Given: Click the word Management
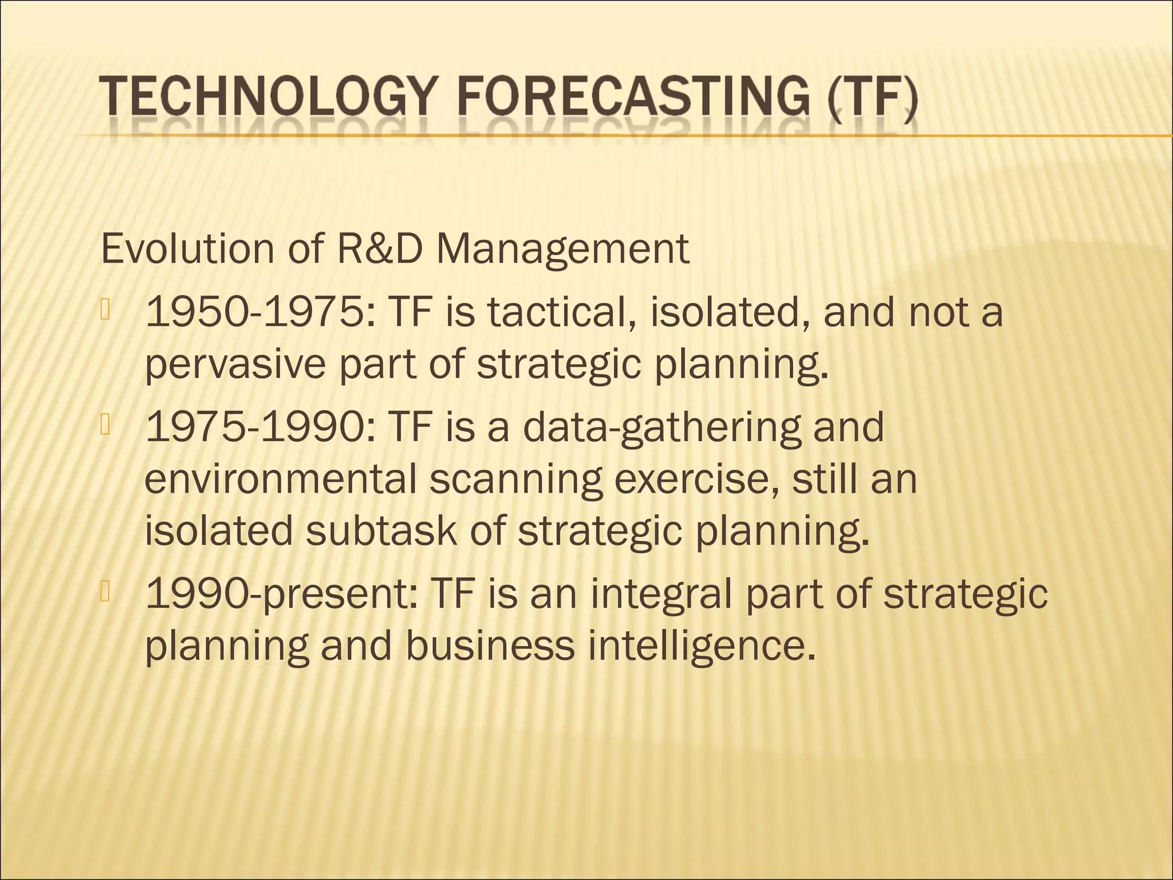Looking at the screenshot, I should click(x=562, y=251).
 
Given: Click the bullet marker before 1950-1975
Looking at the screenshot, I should click(x=105, y=312).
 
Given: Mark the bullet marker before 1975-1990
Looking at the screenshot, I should click(x=105, y=426).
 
